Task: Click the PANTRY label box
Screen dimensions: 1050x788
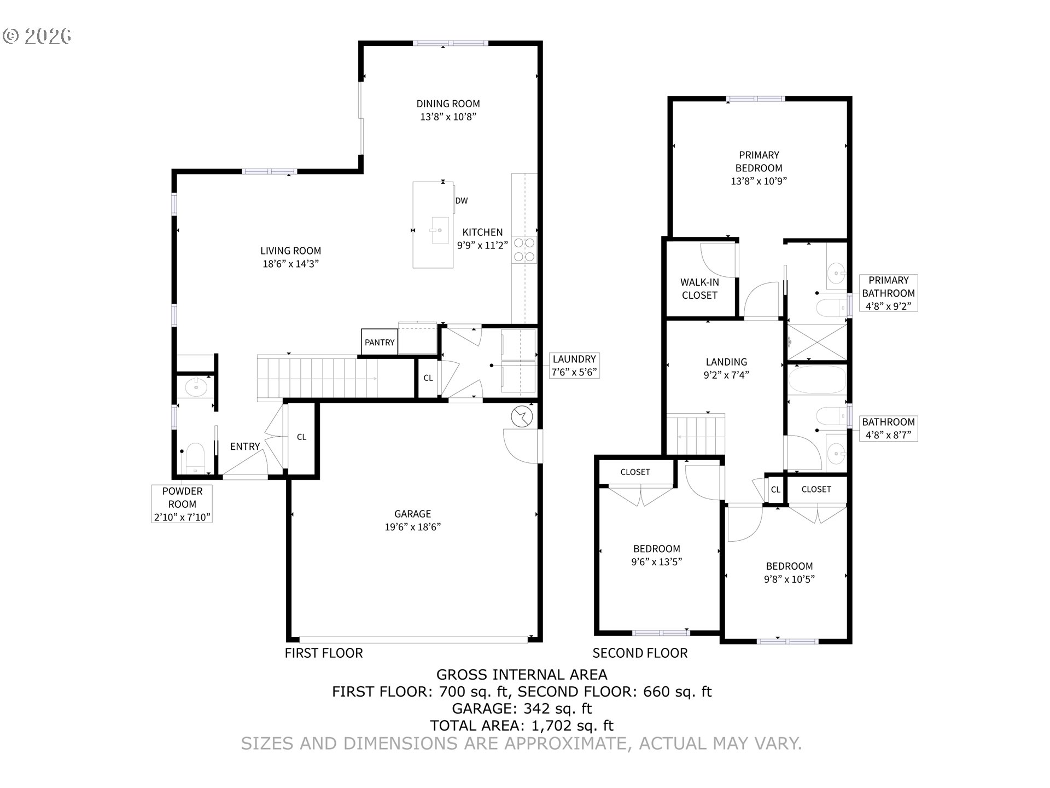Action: (x=380, y=343)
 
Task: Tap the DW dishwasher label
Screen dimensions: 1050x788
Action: (x=462, y=201)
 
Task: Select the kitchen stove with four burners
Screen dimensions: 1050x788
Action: (x=524, y=250)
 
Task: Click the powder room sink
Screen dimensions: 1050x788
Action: (x=195, y=387)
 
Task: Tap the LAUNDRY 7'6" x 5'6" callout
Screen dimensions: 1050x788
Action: (x=574, y=366)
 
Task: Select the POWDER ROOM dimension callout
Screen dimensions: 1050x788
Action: (x=182, y=504)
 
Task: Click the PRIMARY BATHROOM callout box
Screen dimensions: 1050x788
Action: (x=888, y=293)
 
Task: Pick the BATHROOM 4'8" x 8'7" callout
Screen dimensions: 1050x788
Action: (x=888, y=428)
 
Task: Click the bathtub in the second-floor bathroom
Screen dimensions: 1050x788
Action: (x=817, y=380)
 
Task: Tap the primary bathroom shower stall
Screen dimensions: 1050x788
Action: (x=816, y=342)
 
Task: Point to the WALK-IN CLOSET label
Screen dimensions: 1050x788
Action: (x=699, y=289)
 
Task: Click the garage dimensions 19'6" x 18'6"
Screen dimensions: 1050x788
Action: (x=413, y=527)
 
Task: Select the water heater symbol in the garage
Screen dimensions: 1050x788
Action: (x=522, y=418)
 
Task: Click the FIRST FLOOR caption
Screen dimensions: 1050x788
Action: (x=324, y=653)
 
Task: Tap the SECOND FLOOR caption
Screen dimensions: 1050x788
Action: (x=640, y=653)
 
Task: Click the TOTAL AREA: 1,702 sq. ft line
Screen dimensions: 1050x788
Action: (x=522, y=726)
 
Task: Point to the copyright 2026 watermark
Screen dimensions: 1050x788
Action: (x=37, y=36)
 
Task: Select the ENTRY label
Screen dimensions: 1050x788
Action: (x=245, y=447)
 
